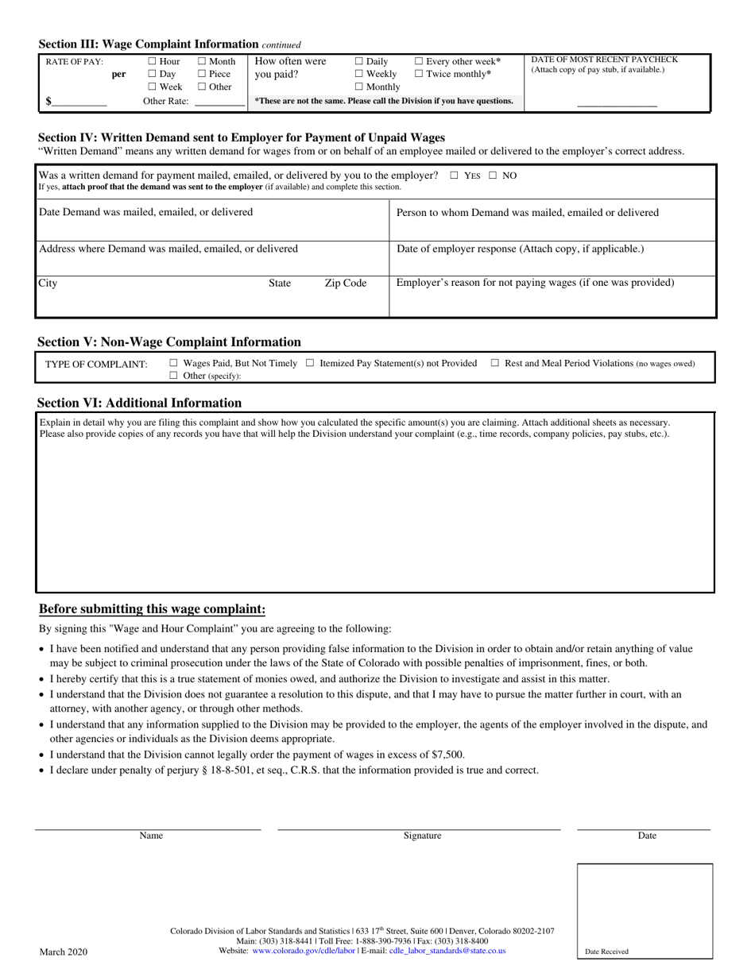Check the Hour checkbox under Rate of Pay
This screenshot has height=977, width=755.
tap(153, 61)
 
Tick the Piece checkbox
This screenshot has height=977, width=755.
tap(202, 74)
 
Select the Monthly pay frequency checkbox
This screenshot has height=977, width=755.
tap(359, 87)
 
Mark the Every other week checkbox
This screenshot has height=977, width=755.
tap(419, 61)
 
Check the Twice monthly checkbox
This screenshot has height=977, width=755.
tap(419, 74)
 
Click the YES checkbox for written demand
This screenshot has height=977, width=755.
tap(454, 176)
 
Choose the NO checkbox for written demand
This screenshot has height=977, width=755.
tap(493, 176)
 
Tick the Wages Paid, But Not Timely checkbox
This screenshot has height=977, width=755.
tap(174, 363)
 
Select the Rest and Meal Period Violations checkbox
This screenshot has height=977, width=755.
tap(495, 363)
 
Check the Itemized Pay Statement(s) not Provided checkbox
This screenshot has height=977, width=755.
tap(310, 363)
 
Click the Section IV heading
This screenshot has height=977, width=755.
tap(242, 137)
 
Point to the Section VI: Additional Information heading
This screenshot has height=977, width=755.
tap(140, 403)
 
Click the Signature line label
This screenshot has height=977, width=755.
tap(422, 836)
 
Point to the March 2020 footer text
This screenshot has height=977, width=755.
tap(64, 952)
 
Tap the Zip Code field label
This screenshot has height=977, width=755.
tap(345, 284)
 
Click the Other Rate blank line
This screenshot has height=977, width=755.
tap(220, 102)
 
